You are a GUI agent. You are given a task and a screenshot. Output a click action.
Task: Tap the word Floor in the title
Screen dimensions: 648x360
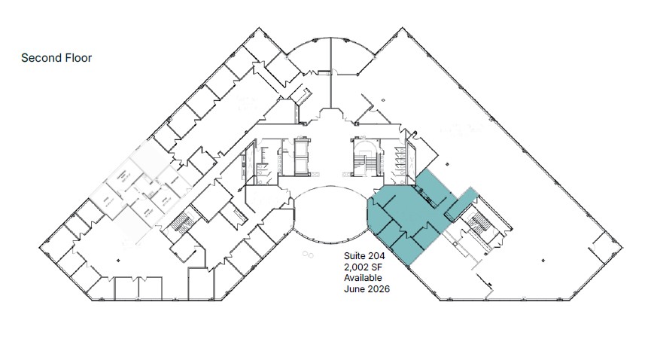(x=78, y=57)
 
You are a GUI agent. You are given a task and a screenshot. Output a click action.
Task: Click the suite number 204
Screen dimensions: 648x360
(x=382, y=256)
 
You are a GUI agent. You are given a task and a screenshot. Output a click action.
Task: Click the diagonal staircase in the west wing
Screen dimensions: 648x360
(x=181, y=222)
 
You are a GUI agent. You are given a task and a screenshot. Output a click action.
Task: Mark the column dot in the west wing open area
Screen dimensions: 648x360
(x=118, y=259)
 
